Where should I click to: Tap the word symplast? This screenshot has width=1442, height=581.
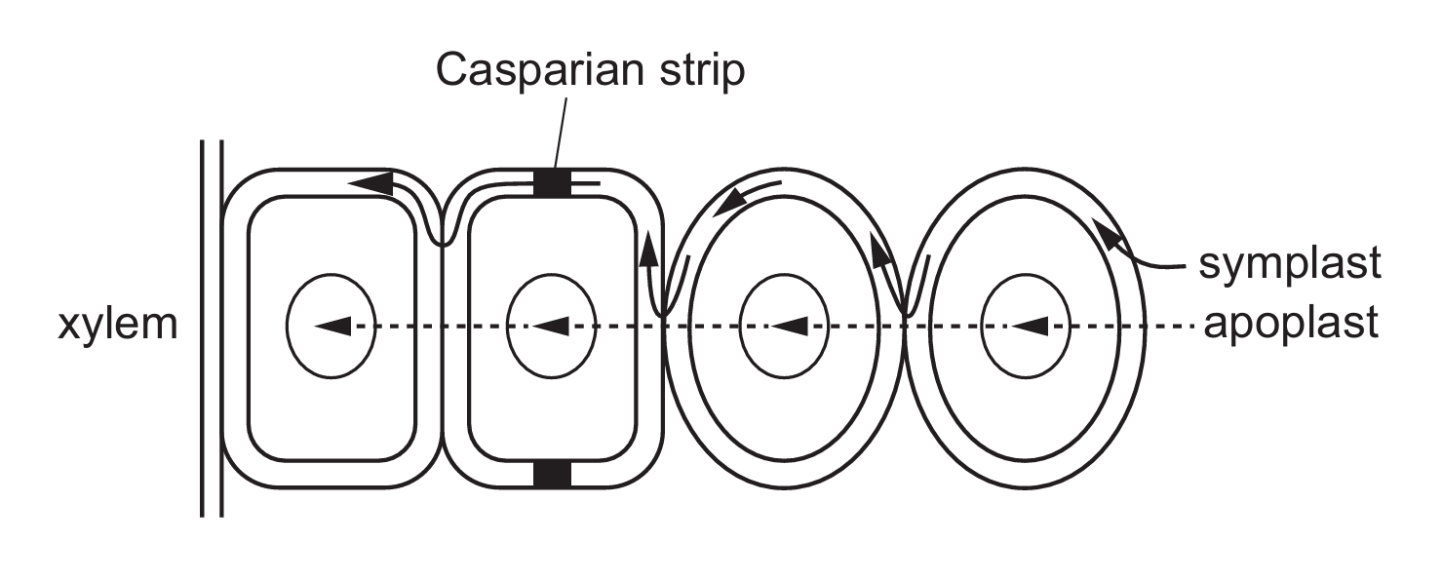1291,263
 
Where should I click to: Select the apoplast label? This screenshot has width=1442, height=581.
1291,324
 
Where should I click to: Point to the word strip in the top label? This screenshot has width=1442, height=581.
696,71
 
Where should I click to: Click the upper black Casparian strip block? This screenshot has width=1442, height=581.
551,182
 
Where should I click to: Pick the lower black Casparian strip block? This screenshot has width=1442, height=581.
551,474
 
